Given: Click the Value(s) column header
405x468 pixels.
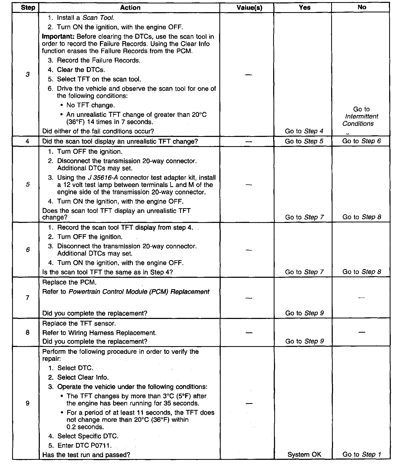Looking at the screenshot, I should [249, 8].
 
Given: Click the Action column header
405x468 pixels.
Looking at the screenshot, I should [130, 8].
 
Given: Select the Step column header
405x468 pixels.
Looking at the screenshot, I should [28, 8].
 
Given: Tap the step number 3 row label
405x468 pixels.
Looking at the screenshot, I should [28, 74].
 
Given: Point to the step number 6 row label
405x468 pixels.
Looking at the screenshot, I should [28, 250].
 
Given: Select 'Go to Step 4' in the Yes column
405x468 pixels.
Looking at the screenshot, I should [304, 131].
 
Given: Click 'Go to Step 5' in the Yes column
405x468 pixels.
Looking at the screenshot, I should [304, 141].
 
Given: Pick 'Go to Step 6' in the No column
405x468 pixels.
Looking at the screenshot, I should [361, 141].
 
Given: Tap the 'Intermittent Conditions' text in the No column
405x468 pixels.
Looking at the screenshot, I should [361, 120].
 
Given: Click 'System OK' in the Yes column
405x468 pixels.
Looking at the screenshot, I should [304, 454].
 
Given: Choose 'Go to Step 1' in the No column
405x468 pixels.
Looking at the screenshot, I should [361, 454].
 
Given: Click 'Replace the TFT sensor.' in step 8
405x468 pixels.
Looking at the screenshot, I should [79, 323].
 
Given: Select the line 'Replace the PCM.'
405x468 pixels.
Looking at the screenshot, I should [69, 282].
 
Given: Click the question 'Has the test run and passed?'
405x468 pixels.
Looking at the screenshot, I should [86, 455].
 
